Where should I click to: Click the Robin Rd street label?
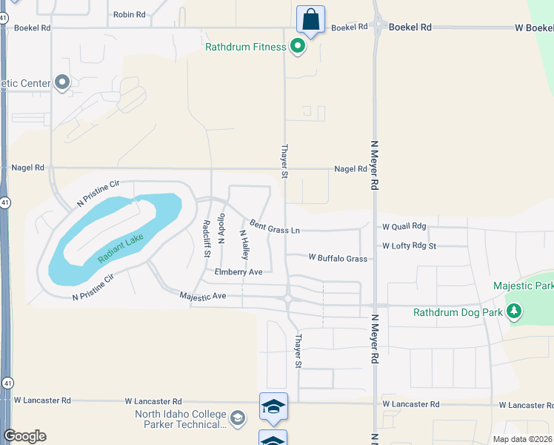(x=130, y=14)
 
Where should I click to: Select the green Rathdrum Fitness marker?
(x=298, y=47)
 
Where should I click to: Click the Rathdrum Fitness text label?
(x=245, y=47)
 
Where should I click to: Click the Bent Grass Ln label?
(x=274, y=226)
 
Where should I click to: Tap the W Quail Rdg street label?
(x=404, y=226)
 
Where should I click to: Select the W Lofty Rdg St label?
(x=410, y=245)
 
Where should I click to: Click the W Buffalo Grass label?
(x=338, y=258)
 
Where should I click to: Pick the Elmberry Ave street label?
(x=238, y=272)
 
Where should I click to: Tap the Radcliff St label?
(x=206, y=238)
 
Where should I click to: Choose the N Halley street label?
(x=243, y=243)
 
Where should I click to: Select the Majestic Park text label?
(x=524, y=286)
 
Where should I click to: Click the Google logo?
(x=24, y=436)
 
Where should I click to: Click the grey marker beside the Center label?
(x=61, y=82)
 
